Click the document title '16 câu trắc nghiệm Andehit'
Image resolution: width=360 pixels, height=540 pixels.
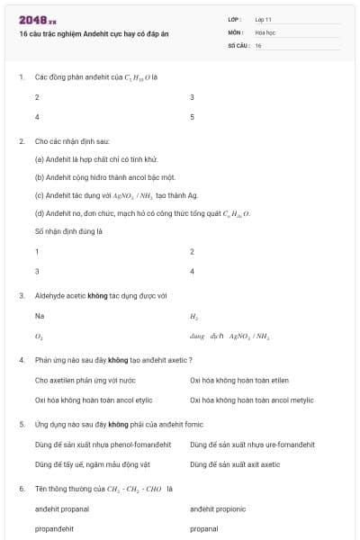pos(90,33)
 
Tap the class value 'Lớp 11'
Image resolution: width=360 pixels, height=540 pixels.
pos(264,19)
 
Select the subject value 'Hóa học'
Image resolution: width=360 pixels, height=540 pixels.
pos(265,31)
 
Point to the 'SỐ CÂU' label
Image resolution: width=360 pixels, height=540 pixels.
pos(238,45)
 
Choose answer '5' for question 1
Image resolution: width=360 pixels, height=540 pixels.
pos(192,117)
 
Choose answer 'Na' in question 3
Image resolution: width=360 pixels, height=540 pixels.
pos(39,316)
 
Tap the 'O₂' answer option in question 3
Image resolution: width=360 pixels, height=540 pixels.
pos(39,336)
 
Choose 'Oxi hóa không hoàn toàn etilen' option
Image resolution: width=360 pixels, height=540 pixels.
pos(238,380)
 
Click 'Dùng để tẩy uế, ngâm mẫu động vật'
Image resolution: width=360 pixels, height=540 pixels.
pos(91,463)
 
